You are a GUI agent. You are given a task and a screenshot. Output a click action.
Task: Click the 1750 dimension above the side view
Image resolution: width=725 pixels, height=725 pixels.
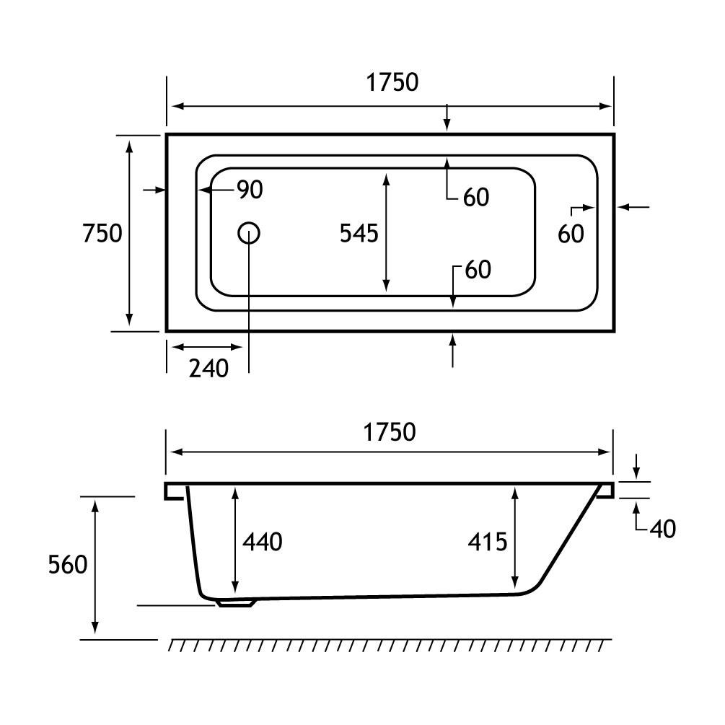click(x=390, y=431)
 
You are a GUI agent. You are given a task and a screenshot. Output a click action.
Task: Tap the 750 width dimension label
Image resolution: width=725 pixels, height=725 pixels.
click(x=102, y=233)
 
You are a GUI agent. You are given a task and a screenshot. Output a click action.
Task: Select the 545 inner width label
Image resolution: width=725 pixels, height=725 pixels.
click(x=359, y=233)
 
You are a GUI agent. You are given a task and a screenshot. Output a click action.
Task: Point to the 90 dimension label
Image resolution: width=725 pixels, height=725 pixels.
click(x=250, y=190)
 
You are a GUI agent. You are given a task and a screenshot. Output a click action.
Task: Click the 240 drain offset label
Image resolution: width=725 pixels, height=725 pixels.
click(x=208, y=369)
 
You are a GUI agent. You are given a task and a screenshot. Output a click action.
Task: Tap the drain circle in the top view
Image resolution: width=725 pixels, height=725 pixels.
click(x=248, y=232)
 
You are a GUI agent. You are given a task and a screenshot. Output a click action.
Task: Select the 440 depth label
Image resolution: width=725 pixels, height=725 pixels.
click(x=263, y=541)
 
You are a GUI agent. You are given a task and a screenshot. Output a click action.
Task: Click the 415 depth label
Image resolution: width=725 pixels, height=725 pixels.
click(x=487, y=541)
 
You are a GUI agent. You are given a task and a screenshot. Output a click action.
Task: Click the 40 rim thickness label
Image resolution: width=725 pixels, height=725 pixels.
click(x=662, y=530)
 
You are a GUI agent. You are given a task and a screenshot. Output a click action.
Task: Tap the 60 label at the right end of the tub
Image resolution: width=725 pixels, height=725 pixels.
click(x=571, y=233)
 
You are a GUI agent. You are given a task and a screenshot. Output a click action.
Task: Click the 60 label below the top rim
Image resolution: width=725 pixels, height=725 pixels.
click(x=476, y=197)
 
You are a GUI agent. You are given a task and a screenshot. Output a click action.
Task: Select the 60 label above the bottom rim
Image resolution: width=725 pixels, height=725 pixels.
click(x=478, y=269)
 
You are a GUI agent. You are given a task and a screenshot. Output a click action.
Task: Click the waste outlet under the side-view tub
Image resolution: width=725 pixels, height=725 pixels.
click(x=236, y=602)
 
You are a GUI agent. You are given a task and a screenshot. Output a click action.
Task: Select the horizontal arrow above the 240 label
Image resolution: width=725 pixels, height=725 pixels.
click(x=206, y=346)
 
